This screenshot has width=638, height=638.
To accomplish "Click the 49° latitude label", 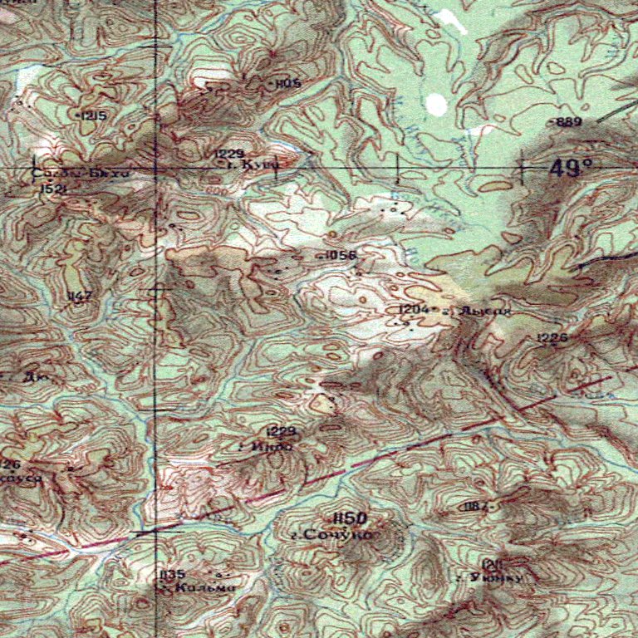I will pos(572,169).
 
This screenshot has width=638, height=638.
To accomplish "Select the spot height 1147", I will pos(80,296).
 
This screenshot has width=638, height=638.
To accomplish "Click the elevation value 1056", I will pos(340,255).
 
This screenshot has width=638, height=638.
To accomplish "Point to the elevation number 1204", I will pos(414,309).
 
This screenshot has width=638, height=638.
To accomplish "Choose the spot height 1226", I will pos(552,337).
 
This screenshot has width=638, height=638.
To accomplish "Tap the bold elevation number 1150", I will pos(349,518).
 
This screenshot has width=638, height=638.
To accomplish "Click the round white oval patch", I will pos(435,105).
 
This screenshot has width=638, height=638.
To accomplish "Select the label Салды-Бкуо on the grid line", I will pos(81,174).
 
